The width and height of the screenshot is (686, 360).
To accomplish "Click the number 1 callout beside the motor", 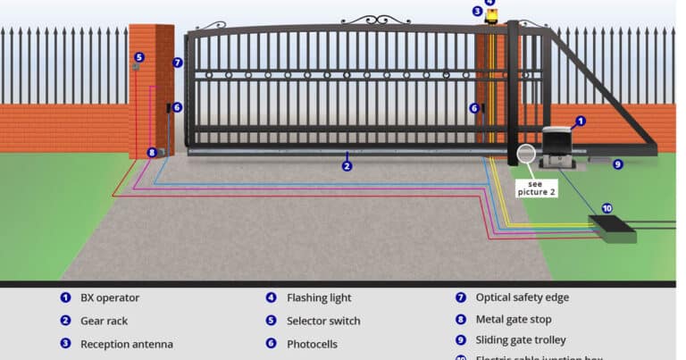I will coord(580,121).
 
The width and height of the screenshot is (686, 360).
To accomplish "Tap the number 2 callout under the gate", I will coord(347,166).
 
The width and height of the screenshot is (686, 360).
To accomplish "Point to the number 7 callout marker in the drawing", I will coord(177,63).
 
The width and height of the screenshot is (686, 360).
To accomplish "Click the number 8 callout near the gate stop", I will coord(152,153).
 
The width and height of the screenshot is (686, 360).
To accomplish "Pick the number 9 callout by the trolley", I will coord(617,164).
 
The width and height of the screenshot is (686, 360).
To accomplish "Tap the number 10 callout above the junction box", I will coord(607,208).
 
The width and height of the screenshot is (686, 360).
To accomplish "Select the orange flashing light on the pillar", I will coord(491,15).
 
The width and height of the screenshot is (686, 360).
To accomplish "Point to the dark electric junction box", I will coord(612,229).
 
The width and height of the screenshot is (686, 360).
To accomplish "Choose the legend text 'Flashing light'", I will coord(319,297).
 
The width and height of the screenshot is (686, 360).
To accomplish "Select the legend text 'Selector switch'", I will coord(323,321).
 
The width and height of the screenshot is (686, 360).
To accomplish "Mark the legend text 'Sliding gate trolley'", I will coord(523,340).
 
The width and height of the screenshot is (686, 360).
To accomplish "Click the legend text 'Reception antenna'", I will coord(127,344).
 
